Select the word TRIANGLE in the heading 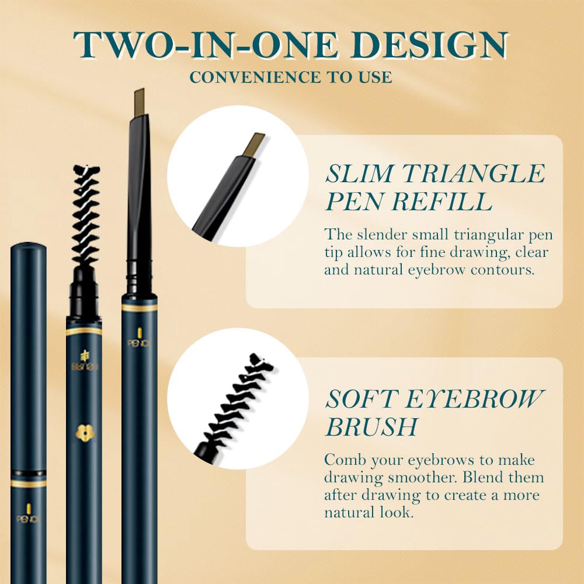[468, 174]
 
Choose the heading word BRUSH [371, 427]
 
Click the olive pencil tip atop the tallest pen [139, 102]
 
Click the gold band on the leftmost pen [29, 483]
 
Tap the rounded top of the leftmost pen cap [29, 247]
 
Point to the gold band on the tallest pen [140, 307]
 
